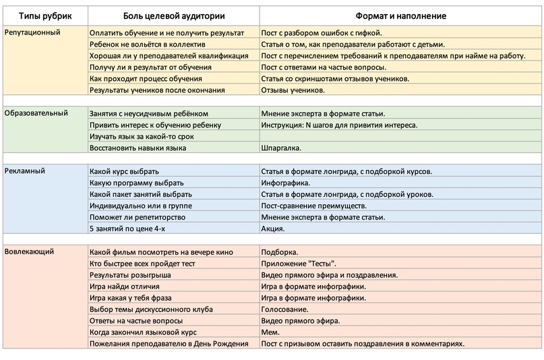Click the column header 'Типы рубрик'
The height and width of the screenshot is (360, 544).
coord(45,16)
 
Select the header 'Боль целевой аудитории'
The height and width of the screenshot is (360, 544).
coord(174,16)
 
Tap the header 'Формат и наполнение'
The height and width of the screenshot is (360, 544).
coord(400,16)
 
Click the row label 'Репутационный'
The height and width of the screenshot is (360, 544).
coord(32,32)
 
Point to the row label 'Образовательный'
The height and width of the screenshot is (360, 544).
coord(36,113)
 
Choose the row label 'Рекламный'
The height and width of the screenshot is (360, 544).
coord(25,171)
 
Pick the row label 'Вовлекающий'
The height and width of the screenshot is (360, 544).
coord(29,251)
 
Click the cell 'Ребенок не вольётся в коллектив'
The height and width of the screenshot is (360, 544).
coord(148,44)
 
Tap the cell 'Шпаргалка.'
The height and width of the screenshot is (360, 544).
coord(281,148)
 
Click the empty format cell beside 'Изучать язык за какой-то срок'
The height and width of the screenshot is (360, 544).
coord(400,136)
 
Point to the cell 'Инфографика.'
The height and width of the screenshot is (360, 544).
coord(286,183)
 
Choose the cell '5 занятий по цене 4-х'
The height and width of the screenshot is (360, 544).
coord(127,229)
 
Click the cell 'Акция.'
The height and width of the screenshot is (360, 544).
coord(273,229)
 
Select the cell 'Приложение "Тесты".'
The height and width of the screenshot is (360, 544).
coord(299,264)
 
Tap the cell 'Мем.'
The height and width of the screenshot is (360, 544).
coord(270,332)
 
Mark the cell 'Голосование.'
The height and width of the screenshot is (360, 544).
coord(284,309)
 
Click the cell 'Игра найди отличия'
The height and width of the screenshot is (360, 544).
coord(125,287)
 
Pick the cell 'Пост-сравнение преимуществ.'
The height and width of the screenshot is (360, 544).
coord(313,206)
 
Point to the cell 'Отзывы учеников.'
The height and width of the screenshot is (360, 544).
coord(293,90)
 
